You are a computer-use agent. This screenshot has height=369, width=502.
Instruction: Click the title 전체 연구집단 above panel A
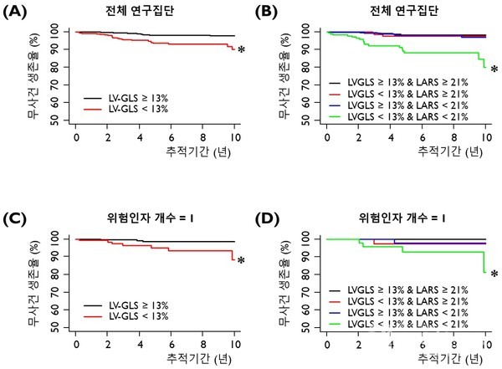click(x=155, y=10)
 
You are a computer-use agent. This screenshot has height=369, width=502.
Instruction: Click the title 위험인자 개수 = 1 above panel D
click(x=406, y=218)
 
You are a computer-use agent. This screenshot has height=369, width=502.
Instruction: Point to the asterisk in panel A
click(x=242, y=51)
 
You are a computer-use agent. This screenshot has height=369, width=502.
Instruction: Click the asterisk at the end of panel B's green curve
click(x=494, y=69)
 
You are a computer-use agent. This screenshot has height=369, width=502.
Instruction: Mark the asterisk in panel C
click(x=242, y=261)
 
